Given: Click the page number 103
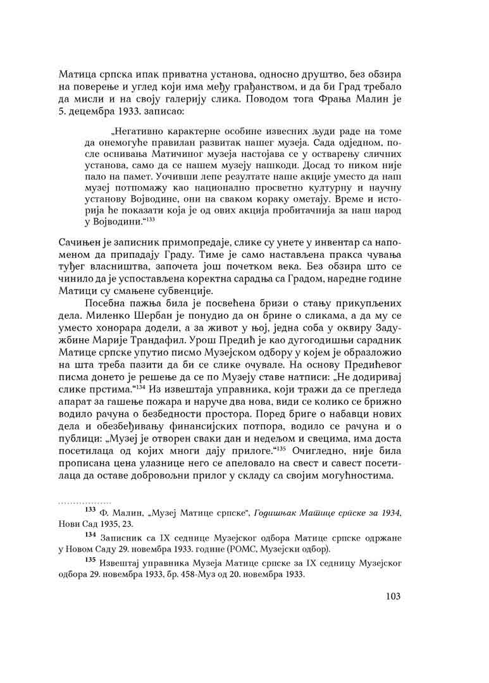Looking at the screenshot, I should click(392, 597).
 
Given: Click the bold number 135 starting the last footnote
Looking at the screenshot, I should click(90, 561).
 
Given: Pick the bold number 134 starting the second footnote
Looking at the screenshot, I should click(90, 536).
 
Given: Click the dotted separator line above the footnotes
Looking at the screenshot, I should click(85, 503).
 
